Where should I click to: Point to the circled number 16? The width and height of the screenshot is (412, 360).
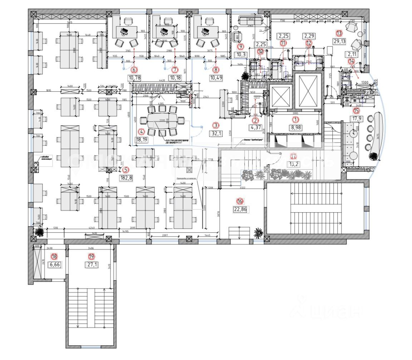click(x=240, y=201)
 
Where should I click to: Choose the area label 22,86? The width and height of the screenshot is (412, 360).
click(x=240, y=210)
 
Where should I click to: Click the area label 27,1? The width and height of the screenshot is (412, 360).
click(x=92, y=265)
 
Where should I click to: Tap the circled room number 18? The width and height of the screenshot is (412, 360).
click(x=54, y=256)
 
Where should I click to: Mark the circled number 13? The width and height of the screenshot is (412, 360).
click(x=339, y=33)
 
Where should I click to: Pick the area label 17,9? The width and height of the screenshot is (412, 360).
click(x=356, y=119)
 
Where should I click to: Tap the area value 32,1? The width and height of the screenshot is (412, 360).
click(x=216, y=133)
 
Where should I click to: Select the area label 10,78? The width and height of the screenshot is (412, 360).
click(x=134, y=78)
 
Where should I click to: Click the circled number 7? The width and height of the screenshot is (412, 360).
click(x=175, y=70)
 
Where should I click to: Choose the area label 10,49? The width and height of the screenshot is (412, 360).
click(x=216, y=78)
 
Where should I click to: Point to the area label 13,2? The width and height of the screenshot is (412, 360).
click(x=293, y=164)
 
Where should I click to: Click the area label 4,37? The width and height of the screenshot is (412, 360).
click(x=255, y=127)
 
